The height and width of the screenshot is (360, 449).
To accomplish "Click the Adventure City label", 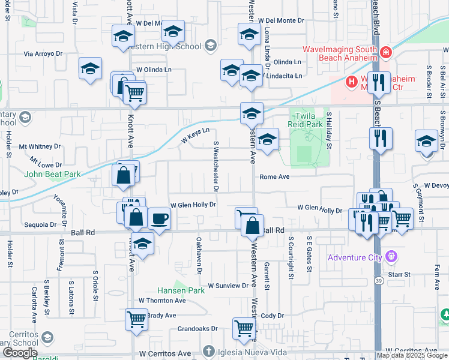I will click(355, 258).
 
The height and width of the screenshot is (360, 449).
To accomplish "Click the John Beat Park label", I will click(52, 175).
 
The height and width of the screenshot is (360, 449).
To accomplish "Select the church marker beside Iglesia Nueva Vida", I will click(208, 350).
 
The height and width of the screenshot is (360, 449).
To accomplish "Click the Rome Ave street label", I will click(275, 177).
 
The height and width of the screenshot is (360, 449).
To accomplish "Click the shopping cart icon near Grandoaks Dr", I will click(244, 328).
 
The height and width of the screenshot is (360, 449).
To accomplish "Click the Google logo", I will click(19, 353).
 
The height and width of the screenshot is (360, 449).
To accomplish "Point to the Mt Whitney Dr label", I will click(40, 146).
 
